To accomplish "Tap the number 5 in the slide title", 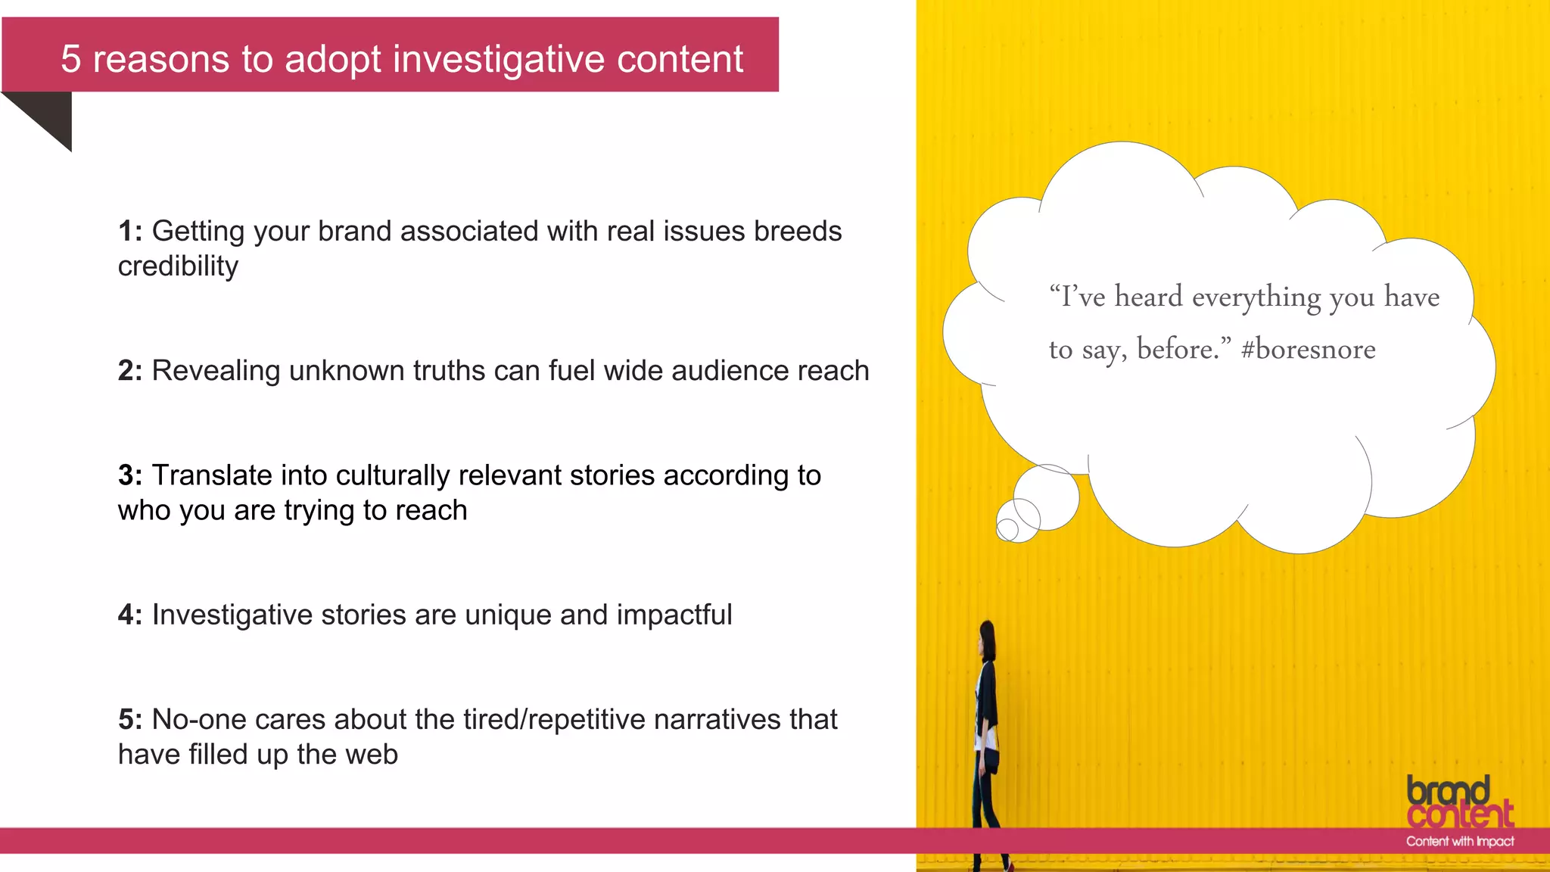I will click(x=70, y=59).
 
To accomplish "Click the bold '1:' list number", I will click(x=129, y=232).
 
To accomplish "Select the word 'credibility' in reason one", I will click(x=178, y=266).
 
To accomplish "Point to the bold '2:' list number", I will click(x=129, y=371).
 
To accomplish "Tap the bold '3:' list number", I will click(x=129, y=475).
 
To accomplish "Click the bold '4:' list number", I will click(x=129, y=615).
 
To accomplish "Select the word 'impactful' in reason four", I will click(x=674, y=615).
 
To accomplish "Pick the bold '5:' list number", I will click(x=129, y=719).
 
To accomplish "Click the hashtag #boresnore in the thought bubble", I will click(x=1309, y=350).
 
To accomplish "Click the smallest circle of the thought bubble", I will click(x=1007, y=530).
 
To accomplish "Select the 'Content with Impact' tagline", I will click(x=1459, y=841).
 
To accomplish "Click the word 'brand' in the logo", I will click(x=1448, y=791).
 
